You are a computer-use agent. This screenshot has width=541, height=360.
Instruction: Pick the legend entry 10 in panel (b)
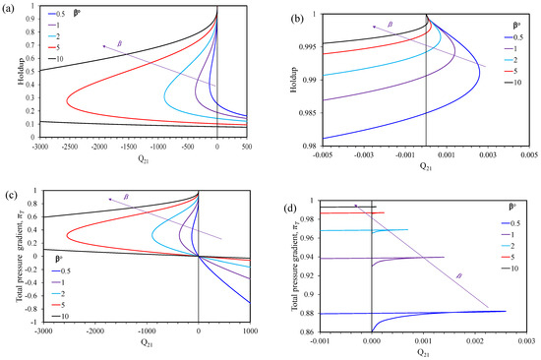[x=516, y=81]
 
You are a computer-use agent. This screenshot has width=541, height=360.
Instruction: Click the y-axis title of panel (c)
[x=10, y=258]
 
